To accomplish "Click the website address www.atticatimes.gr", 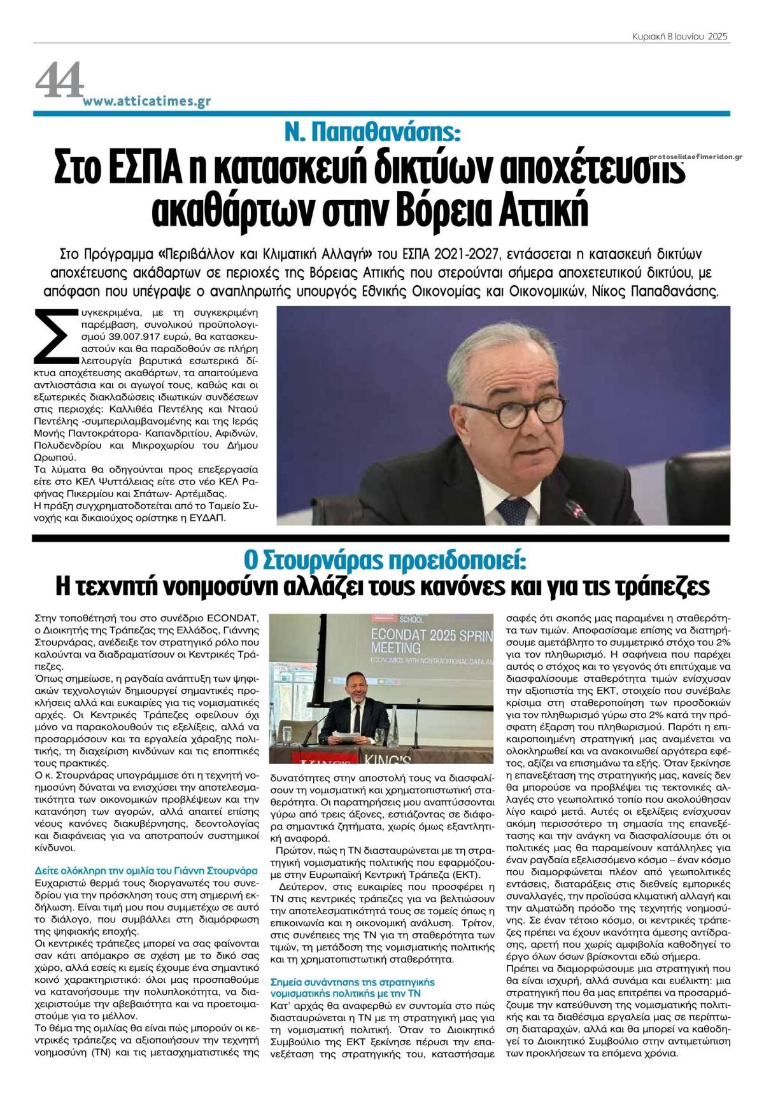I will pyautogui.click(x=146, y=102).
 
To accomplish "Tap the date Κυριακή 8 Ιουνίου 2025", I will pyautogui.click(x=677, y=37).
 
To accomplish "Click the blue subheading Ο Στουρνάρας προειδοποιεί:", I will pyautogui.click(x=386, y=561).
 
